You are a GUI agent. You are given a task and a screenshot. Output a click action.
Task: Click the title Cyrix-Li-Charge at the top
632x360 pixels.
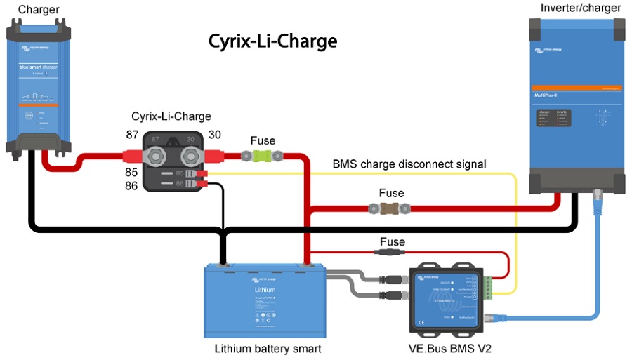tap(272, 41)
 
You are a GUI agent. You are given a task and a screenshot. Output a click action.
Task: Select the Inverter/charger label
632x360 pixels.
tap(580, 8)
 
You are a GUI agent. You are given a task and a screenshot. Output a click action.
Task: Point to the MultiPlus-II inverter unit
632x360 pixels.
tap(577, 105)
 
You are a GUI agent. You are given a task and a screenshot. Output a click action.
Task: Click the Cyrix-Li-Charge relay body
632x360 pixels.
tap(173, 161)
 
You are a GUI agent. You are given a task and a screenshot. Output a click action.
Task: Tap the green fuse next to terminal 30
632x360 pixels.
tap(263, 156)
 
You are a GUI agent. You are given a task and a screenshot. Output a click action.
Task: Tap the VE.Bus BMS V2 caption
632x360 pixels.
tap(448, 349)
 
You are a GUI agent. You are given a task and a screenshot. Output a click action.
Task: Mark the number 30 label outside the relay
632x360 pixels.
tap(215, 134)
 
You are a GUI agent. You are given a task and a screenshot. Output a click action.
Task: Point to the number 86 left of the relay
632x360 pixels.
tap(131, 185)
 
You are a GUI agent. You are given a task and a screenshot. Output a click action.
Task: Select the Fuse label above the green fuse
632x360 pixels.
tap(263, 141)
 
